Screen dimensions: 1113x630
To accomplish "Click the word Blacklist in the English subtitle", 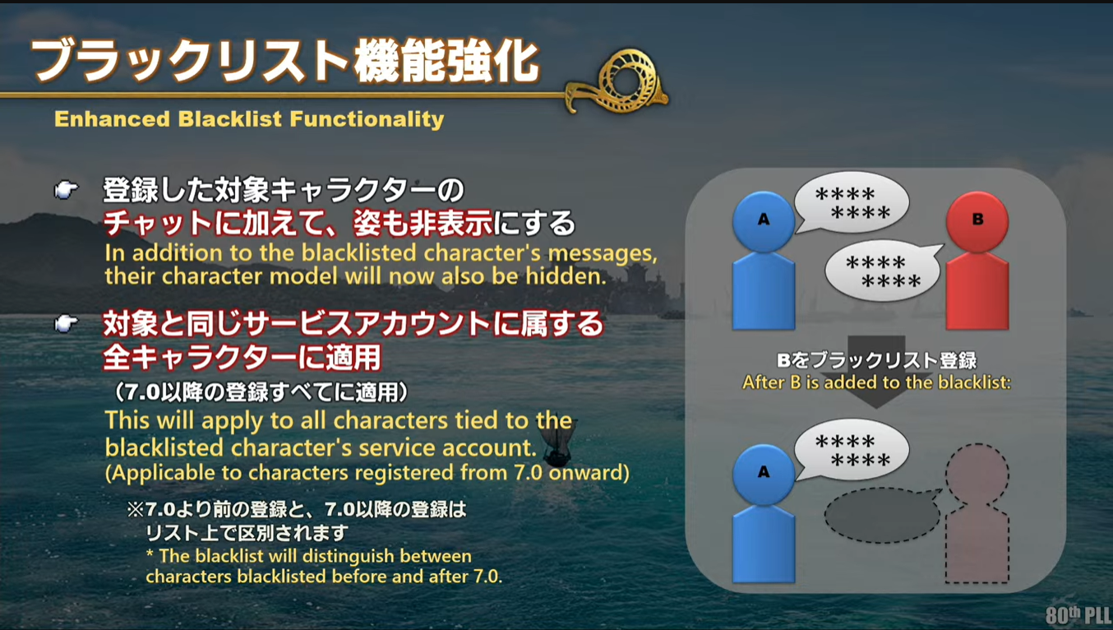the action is pos(229,119).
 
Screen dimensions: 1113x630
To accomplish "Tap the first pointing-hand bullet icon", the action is pos(66,189).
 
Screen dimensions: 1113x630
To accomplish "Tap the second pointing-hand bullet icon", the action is pos(66,324).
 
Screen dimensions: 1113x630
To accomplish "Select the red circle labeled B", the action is pos(977,221).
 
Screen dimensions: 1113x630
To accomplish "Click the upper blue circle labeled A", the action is pos(764,221).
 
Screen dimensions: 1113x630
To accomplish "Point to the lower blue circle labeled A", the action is pos(764,474).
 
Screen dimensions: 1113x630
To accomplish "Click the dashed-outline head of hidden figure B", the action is pos(977,474).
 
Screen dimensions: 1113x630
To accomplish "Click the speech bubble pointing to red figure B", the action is pos(884,271).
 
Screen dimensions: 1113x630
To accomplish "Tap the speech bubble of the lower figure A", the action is pos(852,450).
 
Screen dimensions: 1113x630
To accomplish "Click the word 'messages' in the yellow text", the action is pos(603,253).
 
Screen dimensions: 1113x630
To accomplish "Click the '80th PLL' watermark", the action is pos(1078,614).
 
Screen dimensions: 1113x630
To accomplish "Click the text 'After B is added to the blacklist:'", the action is pos(876,382).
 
